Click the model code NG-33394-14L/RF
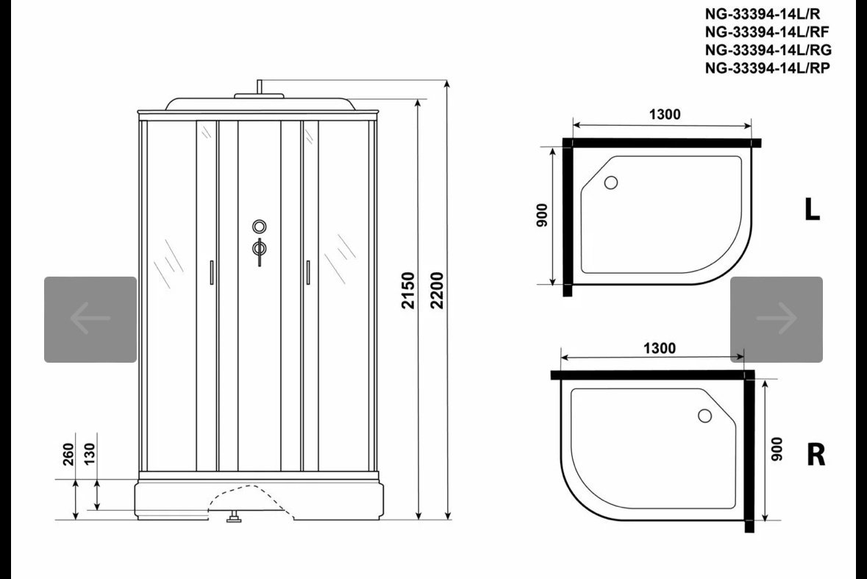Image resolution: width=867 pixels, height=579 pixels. (x=767, y=32)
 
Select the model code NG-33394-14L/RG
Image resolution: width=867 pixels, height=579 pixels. (x=768, y=50)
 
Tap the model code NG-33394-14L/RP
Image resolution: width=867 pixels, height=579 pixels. (x=768, y=68)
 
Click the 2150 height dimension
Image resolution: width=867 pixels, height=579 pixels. (x=408, y=291)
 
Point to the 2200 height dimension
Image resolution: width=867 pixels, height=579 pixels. (x=437, y=291)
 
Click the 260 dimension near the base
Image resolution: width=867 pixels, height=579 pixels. (x=68, y=454)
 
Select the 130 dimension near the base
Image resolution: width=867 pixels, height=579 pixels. (x=89, y=454)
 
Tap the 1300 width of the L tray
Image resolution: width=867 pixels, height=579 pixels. (x=665, y=115)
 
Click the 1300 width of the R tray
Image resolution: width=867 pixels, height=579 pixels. (x=660, y=349)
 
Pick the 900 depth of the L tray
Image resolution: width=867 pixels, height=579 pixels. (x=541, y=215)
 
